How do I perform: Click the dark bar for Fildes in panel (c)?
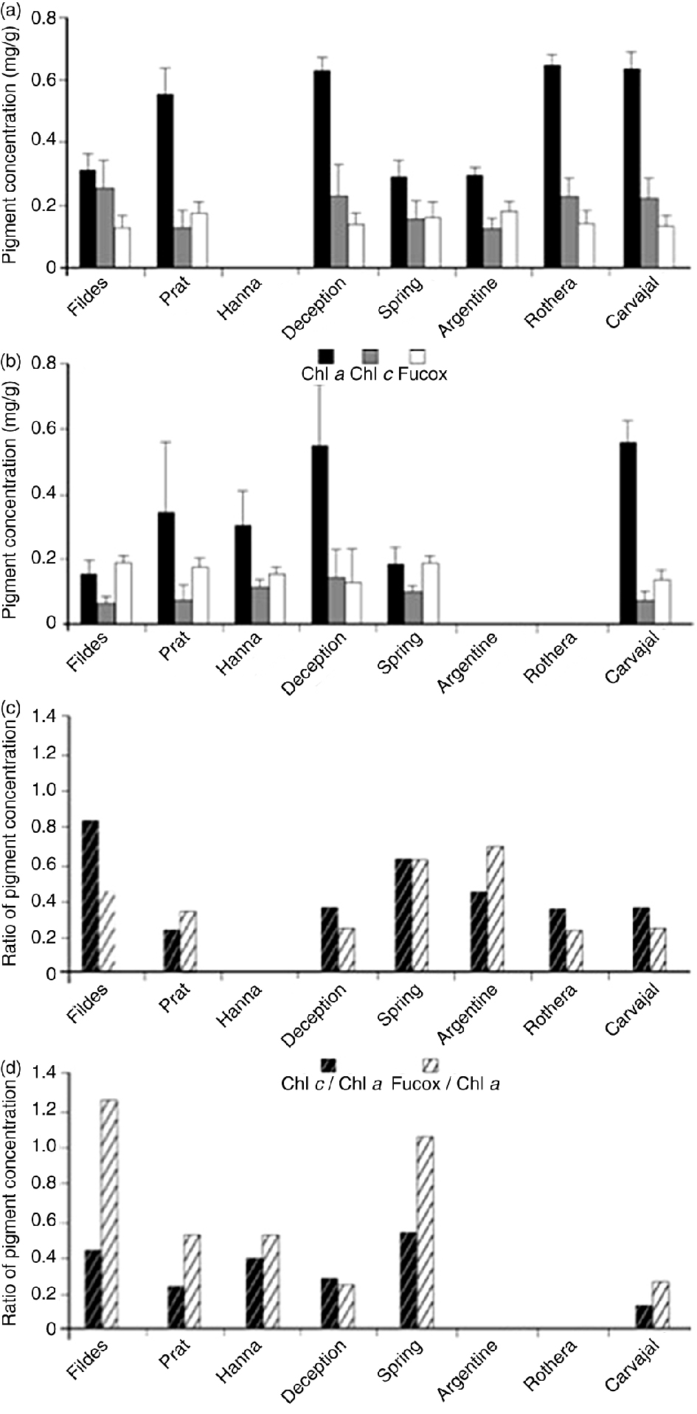tap(91, 896)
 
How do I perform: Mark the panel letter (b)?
tap(12, 362)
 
